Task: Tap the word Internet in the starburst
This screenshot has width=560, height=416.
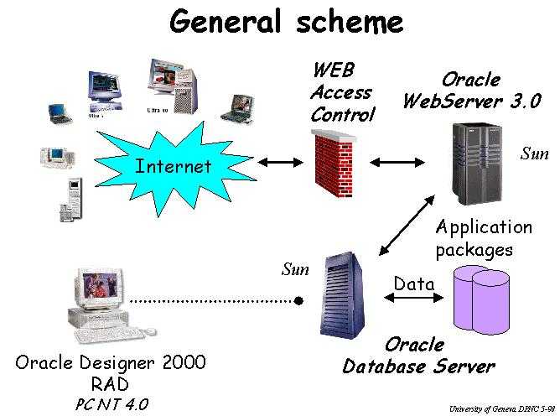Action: click(x=174, y=166)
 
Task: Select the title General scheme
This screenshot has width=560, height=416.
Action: click(x=286, y=22)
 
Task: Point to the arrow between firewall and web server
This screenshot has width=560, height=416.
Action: click(x=387, y=162)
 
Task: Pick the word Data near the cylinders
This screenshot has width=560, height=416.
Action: click(x=414, y=284)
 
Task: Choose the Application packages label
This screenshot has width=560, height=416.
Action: click(x=484, y=238)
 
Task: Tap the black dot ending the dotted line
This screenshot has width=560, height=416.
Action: click(x=299, y=300)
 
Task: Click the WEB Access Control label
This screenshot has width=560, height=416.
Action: click(x=341, y=92)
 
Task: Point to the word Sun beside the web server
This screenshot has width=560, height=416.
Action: click(x=534, y=153)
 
